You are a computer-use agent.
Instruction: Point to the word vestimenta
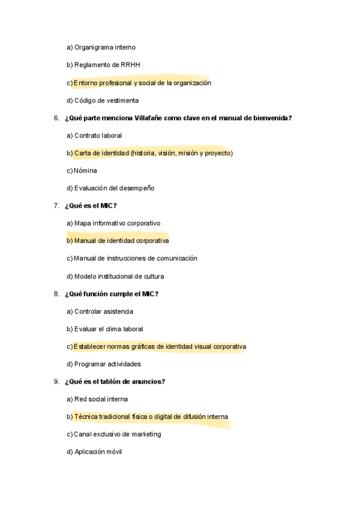point(120,100)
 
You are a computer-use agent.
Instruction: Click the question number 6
point(56,118)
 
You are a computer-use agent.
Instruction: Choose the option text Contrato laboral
point(98,136)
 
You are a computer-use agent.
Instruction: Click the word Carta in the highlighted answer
point(83,153)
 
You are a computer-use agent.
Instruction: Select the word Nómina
point(85,170)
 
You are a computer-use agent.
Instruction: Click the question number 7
point(56,206)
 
